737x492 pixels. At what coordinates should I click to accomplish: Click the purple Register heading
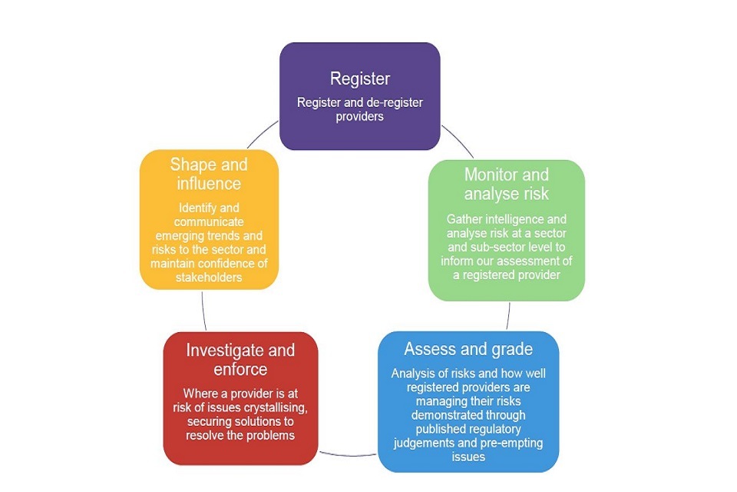pos(359,78)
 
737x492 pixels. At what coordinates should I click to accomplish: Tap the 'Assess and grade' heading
pos(468,349)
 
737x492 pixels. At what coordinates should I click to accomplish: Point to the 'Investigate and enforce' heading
pos(240,360)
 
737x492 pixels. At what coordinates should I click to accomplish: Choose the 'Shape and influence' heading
pos(209,174)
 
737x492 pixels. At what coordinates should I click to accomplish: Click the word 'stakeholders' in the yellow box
pos(209,277)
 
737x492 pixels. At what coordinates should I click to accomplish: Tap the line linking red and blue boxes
pos(348,454)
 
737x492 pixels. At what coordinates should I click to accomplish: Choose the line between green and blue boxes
pos(508,315)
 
